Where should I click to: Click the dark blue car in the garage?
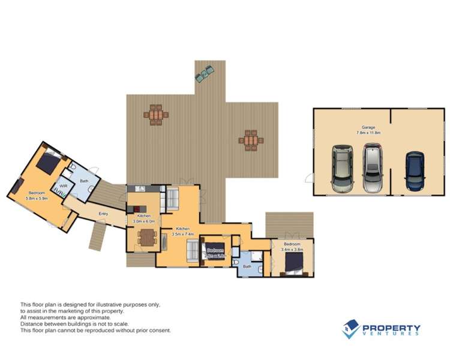point(415,171)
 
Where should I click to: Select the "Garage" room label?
point(368,127)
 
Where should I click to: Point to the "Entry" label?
point(103,214)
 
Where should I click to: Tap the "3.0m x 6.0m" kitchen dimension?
point(144,221)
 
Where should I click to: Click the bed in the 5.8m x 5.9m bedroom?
point(48,162)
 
